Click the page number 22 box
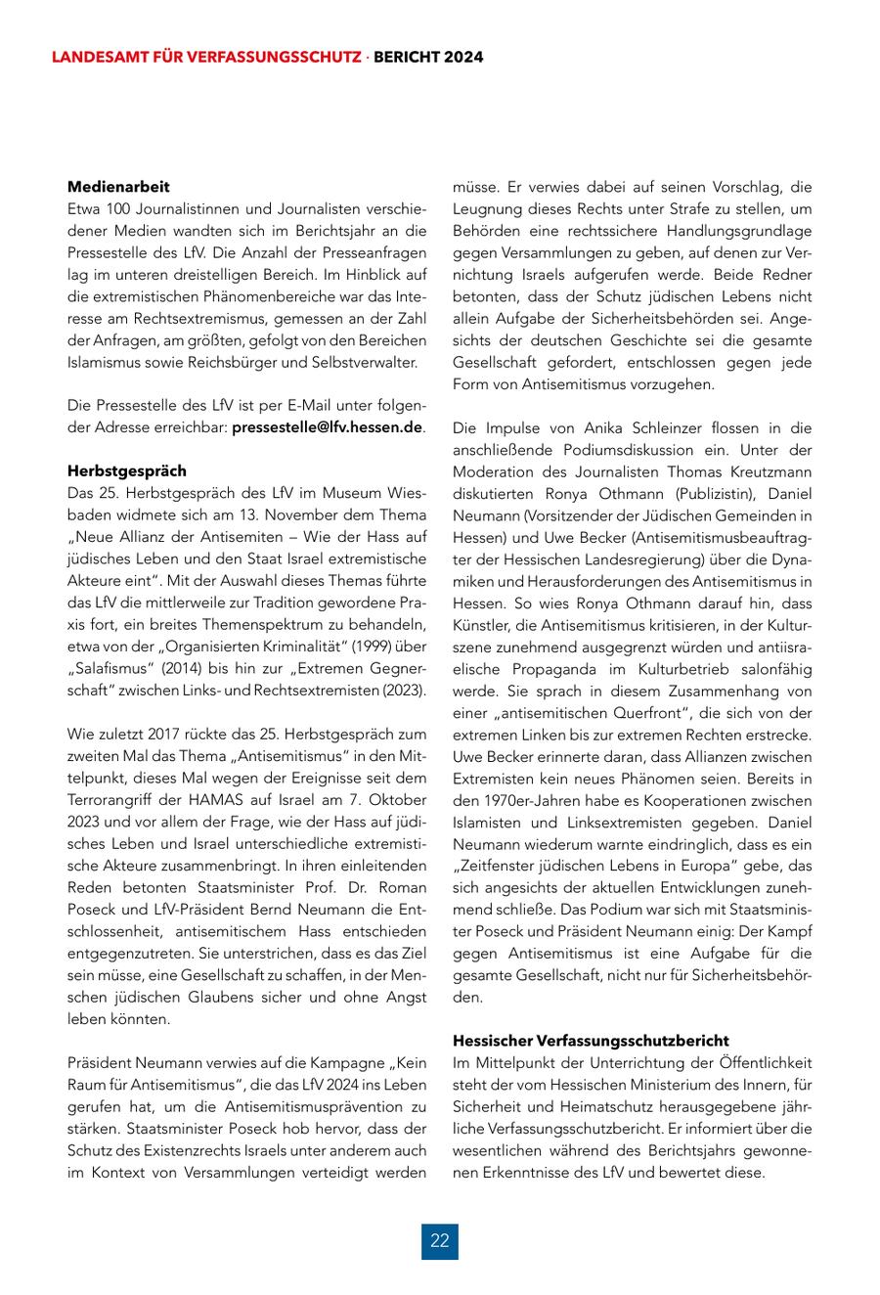[439, 1240]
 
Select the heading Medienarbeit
[118, 186]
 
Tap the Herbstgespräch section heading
[126, 470]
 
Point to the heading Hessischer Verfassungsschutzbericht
[591, 1040]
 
